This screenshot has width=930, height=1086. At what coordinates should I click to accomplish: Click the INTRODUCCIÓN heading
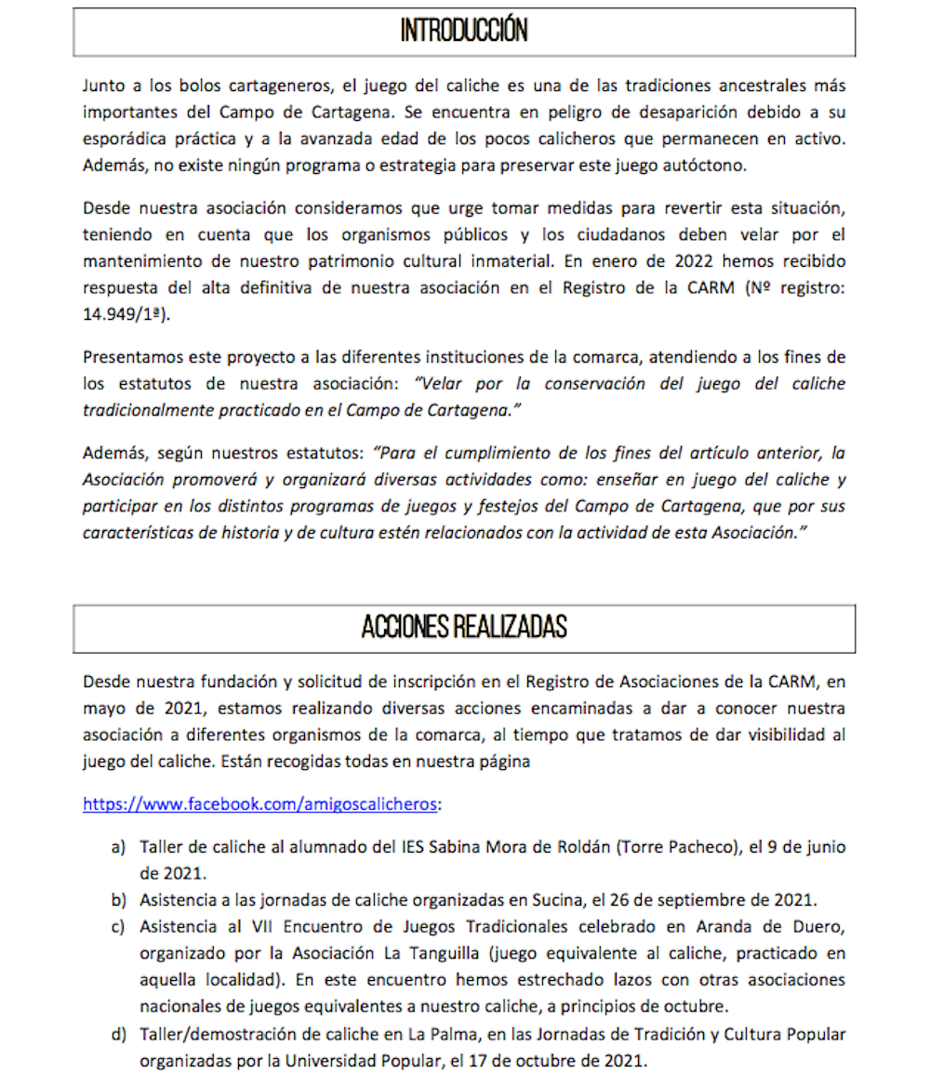tap(464, 32)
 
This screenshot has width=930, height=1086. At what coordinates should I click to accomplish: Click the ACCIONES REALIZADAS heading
tap(464, 628)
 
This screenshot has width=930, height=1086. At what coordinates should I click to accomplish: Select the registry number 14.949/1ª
tap(127, 315)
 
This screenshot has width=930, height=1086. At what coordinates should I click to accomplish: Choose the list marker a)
tap(118, 848)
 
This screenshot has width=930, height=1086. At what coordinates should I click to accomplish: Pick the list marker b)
tap(118, 900)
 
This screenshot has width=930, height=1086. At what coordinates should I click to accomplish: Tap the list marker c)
tap(118, 927)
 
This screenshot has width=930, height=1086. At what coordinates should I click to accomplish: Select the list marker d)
tap(118, 1034)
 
